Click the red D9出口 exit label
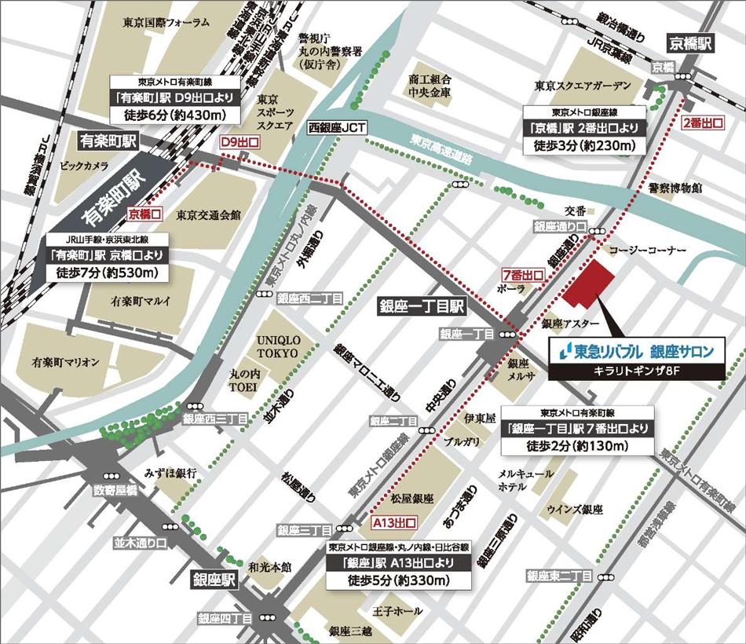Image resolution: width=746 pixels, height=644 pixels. (238, 142)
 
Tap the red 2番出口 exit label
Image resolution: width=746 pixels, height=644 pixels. (703, 123)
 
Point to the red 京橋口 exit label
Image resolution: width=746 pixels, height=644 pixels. (144, 213)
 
